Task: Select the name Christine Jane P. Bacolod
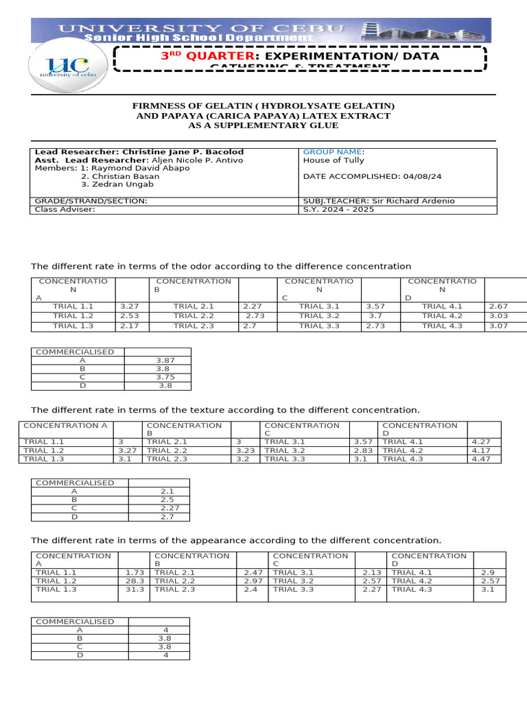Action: pyautogui.click(x=183, y=152)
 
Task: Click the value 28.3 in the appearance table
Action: pyautogui.click(x=134, y=581)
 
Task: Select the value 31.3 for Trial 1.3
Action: pyautogui.click(x=134, y=589)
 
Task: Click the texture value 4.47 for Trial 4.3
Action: pyautogui.click(x=482, y=459)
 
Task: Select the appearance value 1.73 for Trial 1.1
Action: pyautogui.click(x=134, y=572)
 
